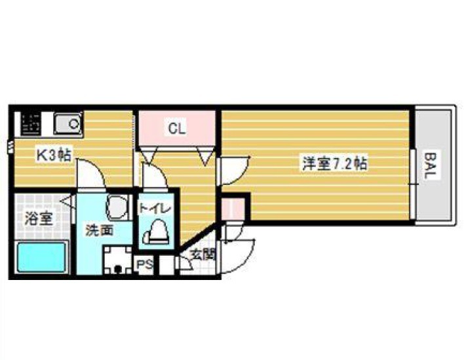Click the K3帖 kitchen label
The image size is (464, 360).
point(54,155)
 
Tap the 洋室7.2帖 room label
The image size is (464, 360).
point(335,163)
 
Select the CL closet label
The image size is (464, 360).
point(177,128)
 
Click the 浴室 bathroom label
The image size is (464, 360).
point(39,218)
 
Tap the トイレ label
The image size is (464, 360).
point(155,208)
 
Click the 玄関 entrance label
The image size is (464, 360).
point(203,254)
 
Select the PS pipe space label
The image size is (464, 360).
point(144,263)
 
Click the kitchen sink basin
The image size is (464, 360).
point(68,123)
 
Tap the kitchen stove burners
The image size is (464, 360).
point(31,123)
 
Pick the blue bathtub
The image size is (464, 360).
point(41,257)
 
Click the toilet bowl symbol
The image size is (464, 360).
point(156,232)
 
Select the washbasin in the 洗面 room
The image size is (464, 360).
point(117,207)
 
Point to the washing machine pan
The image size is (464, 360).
point(117,260)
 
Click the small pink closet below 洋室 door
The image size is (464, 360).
point(233,209)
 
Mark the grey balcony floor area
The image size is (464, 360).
point(433,165)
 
